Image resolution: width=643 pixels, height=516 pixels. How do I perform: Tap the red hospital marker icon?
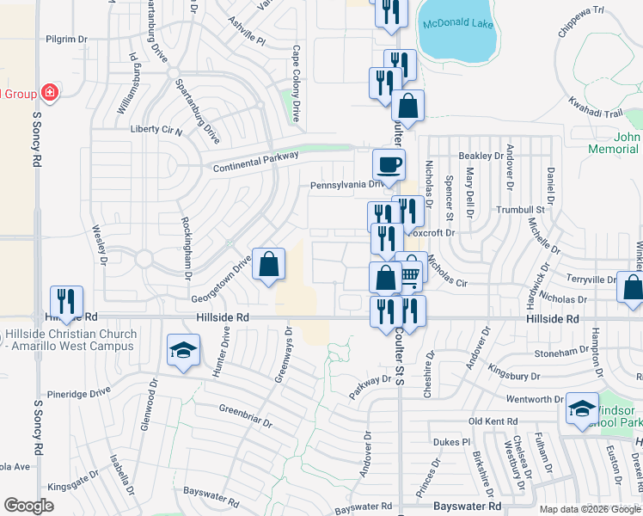[49, 92]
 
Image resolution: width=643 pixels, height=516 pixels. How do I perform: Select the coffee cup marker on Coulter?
[389, 164]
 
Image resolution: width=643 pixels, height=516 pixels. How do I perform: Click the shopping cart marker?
[411, 273]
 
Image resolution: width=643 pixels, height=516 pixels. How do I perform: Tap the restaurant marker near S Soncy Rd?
[66, 301]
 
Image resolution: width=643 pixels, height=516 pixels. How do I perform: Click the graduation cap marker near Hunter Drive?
[183, 350]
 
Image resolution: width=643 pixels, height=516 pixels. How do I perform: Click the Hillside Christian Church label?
[70, 340]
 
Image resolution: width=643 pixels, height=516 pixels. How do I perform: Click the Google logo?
[28, 506]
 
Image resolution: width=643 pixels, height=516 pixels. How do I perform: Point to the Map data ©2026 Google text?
[589, 509]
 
